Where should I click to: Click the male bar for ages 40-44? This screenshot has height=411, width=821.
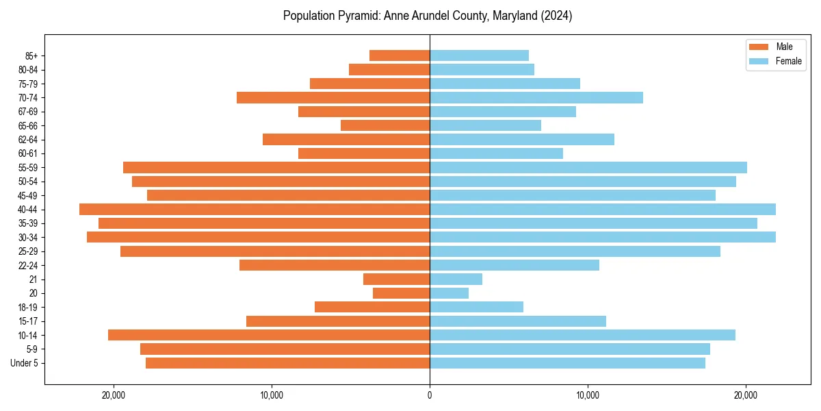(255, 209)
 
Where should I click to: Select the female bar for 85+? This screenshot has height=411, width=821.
(479, 55)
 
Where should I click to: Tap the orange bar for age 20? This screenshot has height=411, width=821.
(401, 293)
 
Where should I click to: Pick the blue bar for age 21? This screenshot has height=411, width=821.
(456, 279)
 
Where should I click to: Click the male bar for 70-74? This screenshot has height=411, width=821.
(333, 97)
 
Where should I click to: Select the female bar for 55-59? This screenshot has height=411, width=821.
(588, 167)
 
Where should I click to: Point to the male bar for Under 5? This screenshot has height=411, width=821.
(287, 363)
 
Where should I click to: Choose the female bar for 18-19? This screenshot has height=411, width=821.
(476, 307)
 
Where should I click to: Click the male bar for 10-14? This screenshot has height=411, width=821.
(269, 335)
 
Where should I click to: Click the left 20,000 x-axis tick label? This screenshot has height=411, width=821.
(114, 395)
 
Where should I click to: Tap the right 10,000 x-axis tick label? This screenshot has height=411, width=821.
(588, 395)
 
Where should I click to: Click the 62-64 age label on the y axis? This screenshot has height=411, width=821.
(28, 140)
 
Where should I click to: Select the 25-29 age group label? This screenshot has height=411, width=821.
(28, 251)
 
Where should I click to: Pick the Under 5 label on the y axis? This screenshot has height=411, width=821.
(25, 363)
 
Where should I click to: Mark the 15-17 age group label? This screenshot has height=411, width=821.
(28, 321)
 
